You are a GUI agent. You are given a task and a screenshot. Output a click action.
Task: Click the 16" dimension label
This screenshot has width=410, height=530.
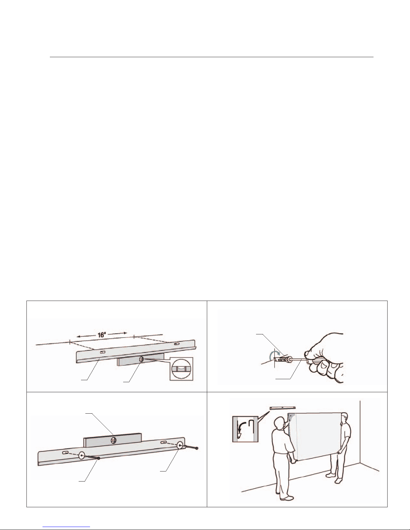pyautogui.click(x=102, y=335)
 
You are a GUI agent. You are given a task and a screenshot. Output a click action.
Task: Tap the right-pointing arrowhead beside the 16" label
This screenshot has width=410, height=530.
pyautogui.click(x=125, y=333)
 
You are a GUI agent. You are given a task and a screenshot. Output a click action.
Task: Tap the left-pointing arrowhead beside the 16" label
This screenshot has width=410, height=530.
pyautogui.click(x=79, y=336)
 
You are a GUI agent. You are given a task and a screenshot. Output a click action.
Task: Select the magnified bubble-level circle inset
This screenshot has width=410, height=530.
pyautogui.click(x=181, y=369)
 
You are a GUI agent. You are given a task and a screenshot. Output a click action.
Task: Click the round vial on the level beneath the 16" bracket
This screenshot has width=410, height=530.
pyautogui.click(x=141, y=359)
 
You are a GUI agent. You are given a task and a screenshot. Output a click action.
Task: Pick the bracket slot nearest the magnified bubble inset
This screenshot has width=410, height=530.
pyautogui.click(x=177, y=344)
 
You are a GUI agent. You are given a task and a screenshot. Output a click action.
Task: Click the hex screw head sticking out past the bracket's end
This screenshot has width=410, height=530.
pyautogui.click(x=197, y=448)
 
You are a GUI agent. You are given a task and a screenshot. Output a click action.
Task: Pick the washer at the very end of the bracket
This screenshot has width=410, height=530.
pyautogui.click(x=181, y=445)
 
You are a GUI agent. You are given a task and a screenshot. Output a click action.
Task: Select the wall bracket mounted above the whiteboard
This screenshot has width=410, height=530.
pyautogui.click(x=282, y=408)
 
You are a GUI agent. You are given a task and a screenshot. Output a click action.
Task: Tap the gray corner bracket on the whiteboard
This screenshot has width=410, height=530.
pyautogui.click(x=292, y=417)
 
